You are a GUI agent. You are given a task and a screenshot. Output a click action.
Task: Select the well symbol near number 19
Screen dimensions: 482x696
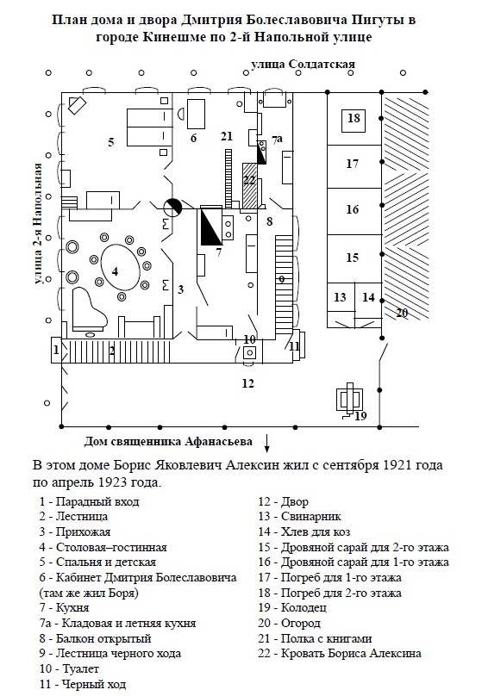349,400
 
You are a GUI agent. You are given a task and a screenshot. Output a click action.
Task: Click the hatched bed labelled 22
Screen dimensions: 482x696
250,185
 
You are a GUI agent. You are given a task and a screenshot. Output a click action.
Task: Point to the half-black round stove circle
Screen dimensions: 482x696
172,208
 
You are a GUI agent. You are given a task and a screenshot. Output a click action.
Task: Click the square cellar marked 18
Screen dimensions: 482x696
354,120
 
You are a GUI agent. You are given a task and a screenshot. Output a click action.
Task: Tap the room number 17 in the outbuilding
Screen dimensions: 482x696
353,164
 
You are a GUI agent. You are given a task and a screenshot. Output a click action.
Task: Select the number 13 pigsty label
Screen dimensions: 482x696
340,297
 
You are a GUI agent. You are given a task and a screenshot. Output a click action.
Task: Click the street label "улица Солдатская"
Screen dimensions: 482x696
303,65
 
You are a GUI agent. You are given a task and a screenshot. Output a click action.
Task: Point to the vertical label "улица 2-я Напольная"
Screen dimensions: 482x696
38,223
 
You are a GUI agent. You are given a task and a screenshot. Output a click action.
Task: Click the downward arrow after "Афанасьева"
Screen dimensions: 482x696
267,443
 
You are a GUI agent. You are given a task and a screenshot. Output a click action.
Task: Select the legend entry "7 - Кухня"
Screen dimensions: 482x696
64,607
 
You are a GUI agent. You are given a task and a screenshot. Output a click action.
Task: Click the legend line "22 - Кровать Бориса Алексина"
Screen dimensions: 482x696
340,654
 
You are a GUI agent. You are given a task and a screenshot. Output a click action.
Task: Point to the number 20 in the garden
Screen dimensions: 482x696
402,313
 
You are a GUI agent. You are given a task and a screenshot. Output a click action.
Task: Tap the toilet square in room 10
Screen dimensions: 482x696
250,353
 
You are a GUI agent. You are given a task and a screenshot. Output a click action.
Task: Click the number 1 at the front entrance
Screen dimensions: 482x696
56,351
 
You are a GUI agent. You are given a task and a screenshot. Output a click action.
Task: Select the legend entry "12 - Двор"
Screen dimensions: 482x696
283,501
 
